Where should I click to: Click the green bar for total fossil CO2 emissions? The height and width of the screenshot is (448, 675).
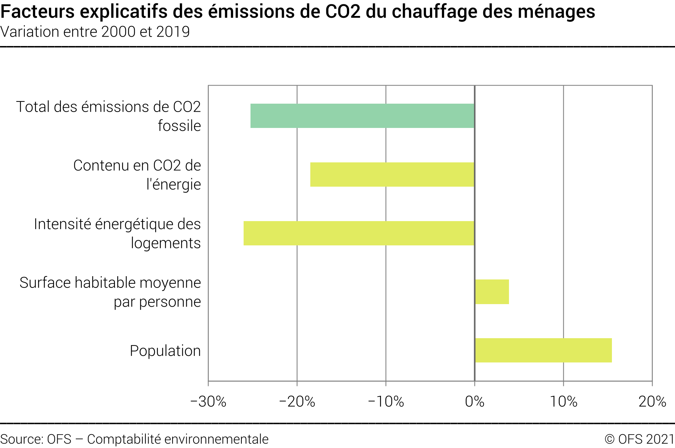point(362,116)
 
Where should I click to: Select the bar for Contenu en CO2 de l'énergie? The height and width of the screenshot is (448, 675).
point(392,174)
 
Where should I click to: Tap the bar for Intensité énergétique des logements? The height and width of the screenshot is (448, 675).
point(359,233)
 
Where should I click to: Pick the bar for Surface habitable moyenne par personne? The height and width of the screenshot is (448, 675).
point(492,292)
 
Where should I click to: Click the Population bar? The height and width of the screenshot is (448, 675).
point(543,350)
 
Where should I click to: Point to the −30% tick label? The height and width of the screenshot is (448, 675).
point(208,402)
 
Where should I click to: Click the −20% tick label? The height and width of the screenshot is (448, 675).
point(297,402)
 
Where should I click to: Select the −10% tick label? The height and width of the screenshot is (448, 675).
point(386,402)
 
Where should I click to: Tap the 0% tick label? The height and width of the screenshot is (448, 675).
point(475,402)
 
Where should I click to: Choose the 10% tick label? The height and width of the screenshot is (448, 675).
point(563,402)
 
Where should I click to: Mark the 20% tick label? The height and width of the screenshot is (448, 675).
point(652,402)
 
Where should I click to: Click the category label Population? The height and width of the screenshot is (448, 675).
point(165,351)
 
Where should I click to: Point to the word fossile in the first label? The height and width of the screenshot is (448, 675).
point(179,126)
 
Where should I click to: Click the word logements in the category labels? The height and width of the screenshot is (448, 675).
point(166,243)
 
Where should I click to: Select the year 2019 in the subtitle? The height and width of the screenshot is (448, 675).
point(173,32)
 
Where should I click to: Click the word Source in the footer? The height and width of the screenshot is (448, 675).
point(21,439)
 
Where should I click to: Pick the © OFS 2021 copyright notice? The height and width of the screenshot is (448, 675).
point(639,439)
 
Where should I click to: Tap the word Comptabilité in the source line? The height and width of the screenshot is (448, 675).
point(124,439)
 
